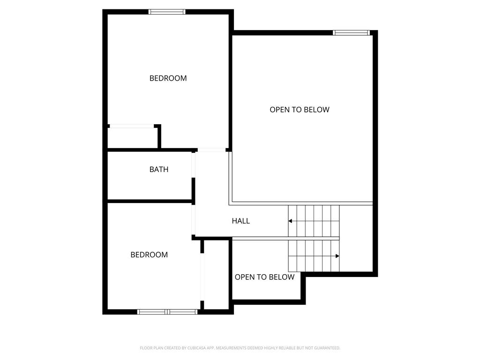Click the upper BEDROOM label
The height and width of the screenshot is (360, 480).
(x=168, y=78)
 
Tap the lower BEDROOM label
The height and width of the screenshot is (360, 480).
(x=149, y=255)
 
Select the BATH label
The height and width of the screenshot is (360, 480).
(x=159, y=169)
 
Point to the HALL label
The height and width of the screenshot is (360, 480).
(x=240, y=221)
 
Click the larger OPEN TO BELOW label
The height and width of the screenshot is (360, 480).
(x=300, y=110)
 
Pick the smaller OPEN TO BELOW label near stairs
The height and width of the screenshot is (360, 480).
(x=264, y=277)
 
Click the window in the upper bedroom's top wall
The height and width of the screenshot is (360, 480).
(x=167, y=12)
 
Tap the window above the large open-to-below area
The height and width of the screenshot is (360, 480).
(x=352, y=33)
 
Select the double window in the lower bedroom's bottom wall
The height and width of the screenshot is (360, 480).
(x=167, y=312)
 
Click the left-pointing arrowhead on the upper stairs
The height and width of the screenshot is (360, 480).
(x=290, y=221)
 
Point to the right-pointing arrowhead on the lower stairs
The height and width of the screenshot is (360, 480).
(x=337, y=256)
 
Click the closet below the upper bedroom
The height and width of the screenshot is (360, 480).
(x=132, y=138)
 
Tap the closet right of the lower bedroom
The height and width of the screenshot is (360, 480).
(x=216, y=275)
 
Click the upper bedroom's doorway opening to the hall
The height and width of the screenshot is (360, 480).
(x=211, y=150)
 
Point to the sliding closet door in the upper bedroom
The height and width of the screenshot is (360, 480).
(x=132, y=126)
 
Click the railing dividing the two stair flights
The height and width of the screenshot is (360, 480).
(x=286, y=239)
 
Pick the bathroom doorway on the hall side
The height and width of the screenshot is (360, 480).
(x=194, y=165)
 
